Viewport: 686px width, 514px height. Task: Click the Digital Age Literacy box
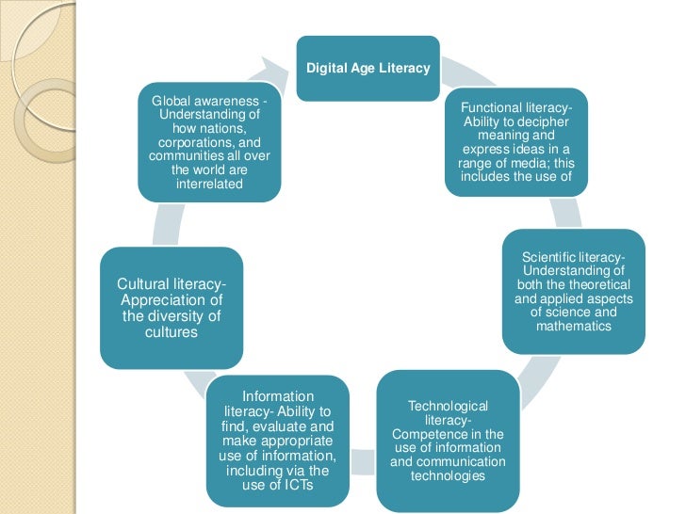point(367,68)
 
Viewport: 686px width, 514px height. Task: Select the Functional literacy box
point(516,142)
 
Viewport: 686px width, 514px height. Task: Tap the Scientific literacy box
point(573,292)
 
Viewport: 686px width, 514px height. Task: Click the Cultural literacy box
point(171,307)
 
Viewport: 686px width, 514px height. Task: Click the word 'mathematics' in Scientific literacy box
point(574,326)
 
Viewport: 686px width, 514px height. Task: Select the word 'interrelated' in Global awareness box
point(208,184)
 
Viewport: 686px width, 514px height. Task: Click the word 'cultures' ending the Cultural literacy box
point(171,332)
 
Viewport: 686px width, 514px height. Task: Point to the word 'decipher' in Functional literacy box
point(542,122)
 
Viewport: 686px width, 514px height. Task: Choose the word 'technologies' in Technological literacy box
point(448,475)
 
